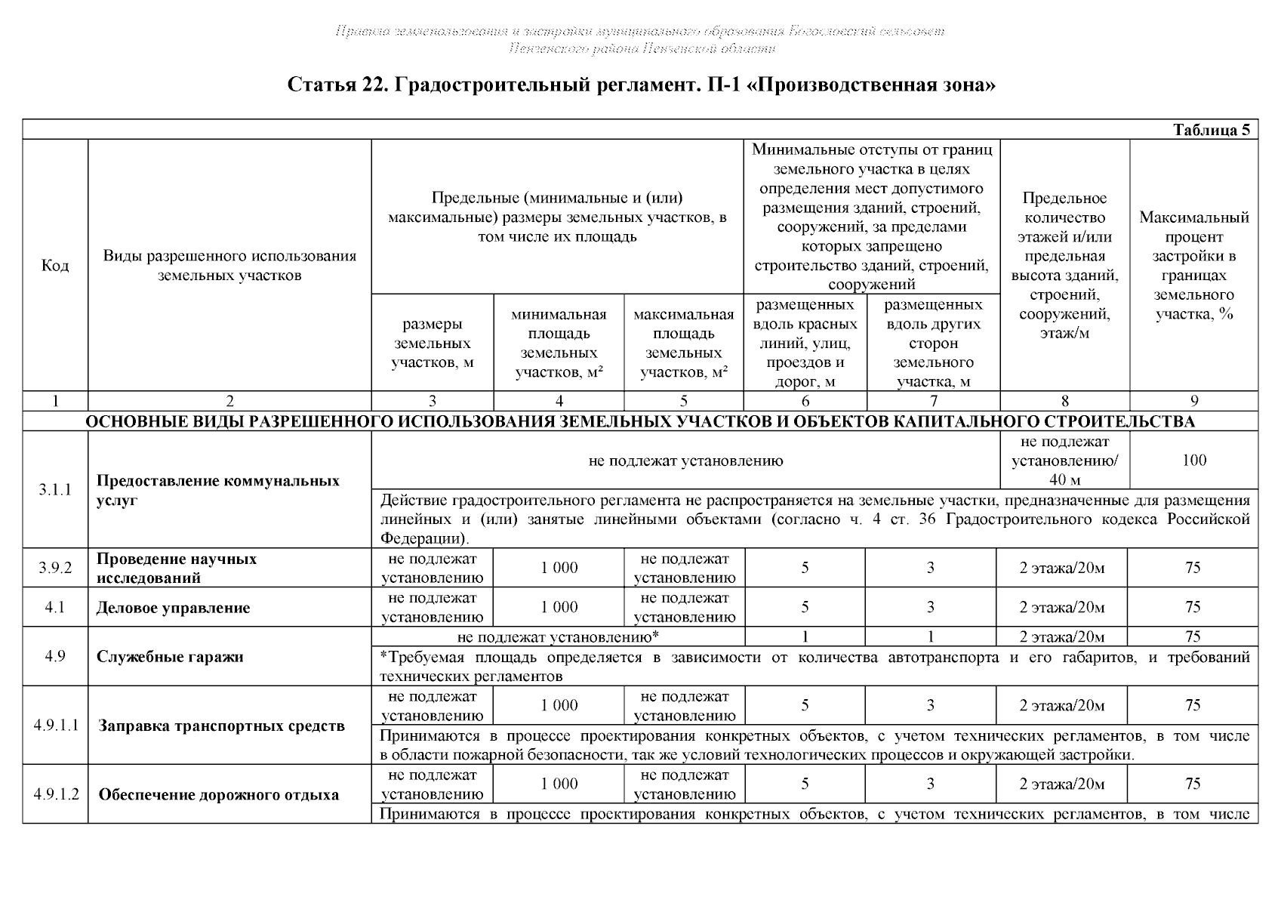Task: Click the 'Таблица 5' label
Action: (x=1211, y=130)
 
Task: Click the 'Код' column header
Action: (x=55, y=266)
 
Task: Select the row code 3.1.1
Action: (x=55, y=489)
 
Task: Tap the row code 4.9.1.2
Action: (x=56, y=794)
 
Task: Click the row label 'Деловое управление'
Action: (x=173, y=609)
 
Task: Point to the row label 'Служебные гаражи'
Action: (x=170, y=657)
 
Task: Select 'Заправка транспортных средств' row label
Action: (x=221, y=726)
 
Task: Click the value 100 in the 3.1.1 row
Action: (x=1194, y=461)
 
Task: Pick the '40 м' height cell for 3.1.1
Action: (x=1064, y=480)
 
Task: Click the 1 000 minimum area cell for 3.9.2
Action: (x=559, y=569)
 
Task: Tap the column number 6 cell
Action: (x=805, y=402)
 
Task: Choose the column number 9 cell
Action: (x=1194, y=402)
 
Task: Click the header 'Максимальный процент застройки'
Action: (x=1194, y=266)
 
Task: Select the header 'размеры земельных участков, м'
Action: (x=433, y=344)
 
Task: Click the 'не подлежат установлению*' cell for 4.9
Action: (x=558, y=636)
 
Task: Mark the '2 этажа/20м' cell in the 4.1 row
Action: (x=1062, y=608)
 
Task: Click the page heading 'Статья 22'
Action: (x=641, y=85)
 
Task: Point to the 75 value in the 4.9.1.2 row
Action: (x=1193, y=784)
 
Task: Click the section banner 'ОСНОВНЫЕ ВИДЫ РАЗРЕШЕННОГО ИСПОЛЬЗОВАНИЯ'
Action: (x=640, y=421)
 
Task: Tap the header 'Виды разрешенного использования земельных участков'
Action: (x=229, y=266)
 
